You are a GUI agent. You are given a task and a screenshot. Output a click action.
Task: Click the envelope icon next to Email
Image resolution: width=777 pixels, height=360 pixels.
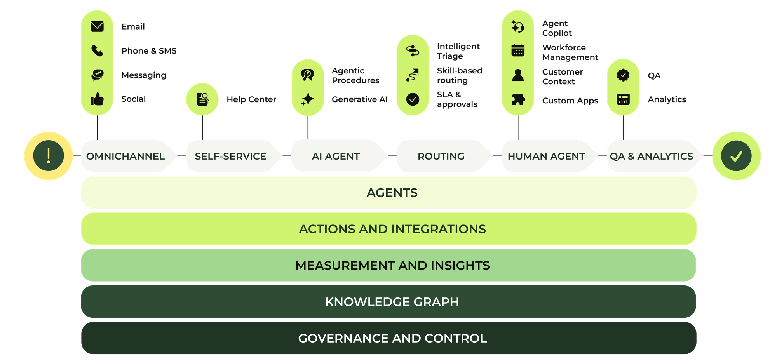[x=97, y=26]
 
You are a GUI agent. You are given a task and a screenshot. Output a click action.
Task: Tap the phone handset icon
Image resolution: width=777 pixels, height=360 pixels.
[x=97, y=50]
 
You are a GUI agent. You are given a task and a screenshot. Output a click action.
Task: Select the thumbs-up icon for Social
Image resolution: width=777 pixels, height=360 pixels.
[x=97, y=99]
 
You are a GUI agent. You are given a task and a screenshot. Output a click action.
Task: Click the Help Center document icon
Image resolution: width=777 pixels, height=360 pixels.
[x=202, y=99]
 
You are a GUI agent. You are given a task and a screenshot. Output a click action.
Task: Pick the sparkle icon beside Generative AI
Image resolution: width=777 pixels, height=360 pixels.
[x=308, y=99]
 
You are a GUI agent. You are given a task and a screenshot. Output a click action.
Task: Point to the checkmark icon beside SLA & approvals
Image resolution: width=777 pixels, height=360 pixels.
[x=413, y=99]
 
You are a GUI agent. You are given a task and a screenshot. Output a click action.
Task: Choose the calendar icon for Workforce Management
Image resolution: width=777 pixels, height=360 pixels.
[x=518, y=50]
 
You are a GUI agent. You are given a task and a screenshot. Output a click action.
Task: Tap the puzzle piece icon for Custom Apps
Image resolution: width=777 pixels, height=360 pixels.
[x=518, y=100]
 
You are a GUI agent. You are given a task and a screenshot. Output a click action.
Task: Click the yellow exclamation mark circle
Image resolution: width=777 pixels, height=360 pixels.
[x=49, y=156]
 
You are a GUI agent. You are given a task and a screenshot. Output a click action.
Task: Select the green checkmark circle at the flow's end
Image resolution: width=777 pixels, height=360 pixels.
[x=736, y=156]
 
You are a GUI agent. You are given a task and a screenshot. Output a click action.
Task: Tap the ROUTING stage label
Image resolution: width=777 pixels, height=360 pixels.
[x=441, y=156]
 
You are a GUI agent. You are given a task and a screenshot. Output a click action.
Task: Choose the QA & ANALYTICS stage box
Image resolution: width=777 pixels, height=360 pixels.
[x=655, y=156]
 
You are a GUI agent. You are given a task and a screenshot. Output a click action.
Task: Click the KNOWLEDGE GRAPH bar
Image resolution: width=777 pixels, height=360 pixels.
[x=388, y=302]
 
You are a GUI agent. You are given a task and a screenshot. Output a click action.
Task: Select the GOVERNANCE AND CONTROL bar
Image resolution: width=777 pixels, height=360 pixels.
[x=388, y=338]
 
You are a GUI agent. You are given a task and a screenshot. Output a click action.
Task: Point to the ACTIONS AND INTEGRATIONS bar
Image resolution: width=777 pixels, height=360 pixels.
[x=388, y=229]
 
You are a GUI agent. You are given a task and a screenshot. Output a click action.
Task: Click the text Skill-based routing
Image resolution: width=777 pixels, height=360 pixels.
[x=460, y=75]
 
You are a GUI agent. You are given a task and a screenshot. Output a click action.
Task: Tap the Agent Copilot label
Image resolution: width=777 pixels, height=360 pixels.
[x=557, y=28]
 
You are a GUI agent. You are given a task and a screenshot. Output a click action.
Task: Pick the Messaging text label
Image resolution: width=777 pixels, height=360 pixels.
[x=144, y=75]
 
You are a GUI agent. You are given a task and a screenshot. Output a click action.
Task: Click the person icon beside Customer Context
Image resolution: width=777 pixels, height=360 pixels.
[x=518, y=75]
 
